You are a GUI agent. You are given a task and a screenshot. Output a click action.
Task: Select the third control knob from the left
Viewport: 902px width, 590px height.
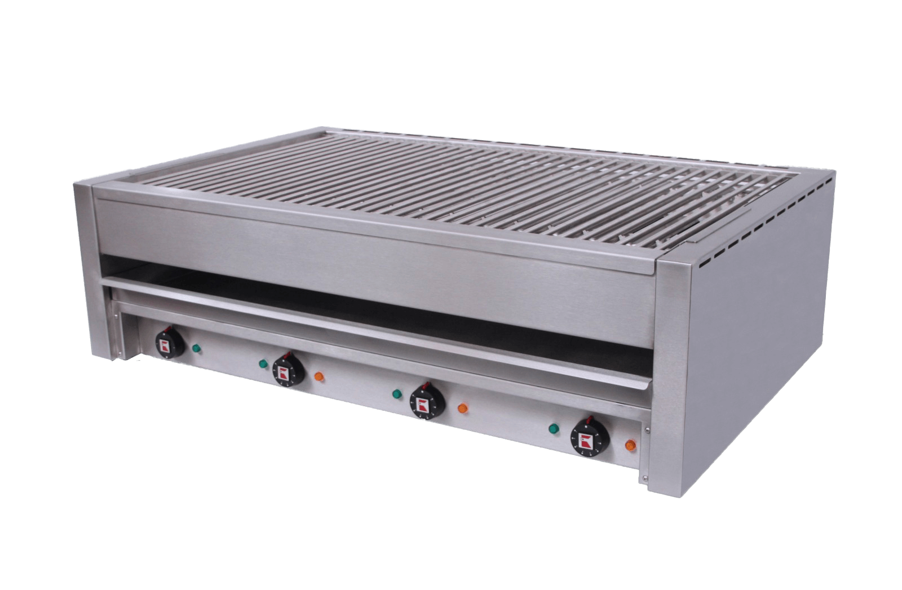[426, 401]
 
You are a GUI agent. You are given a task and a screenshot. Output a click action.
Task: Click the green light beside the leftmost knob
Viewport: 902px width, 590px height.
[196, 348]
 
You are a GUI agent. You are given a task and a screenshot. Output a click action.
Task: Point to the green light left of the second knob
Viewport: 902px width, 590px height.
[262, 363]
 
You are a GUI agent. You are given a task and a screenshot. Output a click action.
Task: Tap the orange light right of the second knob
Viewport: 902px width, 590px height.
[319, 376]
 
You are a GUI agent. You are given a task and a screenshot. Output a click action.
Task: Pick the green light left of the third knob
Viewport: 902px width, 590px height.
[396, 393]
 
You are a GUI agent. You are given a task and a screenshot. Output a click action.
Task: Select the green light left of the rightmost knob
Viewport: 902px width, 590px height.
[554, 428]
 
